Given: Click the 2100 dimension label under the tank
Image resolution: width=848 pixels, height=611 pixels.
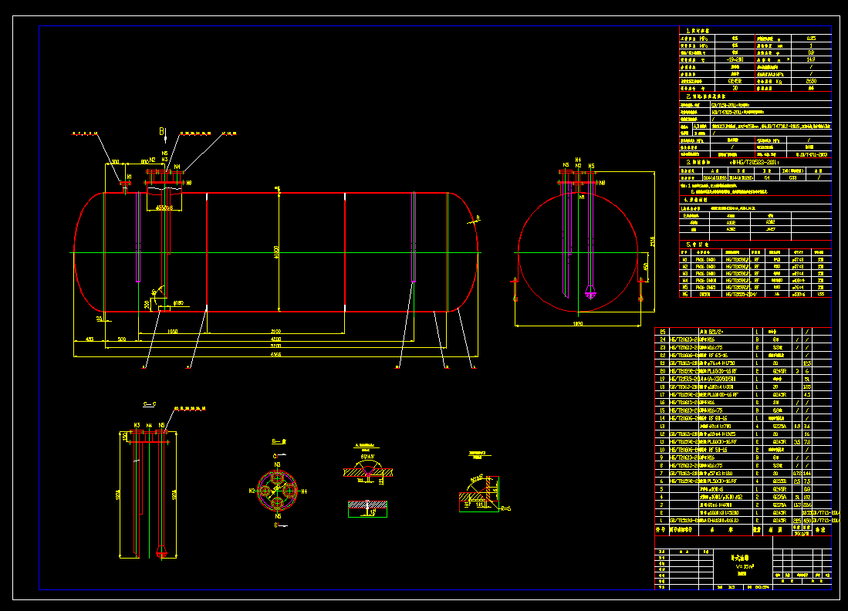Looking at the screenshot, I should point(275,331).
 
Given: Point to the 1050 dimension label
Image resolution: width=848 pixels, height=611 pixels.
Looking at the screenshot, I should point(171,331).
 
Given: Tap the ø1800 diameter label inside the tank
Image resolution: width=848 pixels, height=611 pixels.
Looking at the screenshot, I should point(276,252).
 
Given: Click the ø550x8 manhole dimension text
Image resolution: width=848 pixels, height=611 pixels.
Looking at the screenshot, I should point(164,208).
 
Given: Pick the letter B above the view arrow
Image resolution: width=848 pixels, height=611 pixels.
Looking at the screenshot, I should point(161,132).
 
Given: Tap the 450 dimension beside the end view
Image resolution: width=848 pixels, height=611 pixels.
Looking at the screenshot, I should point(646,267).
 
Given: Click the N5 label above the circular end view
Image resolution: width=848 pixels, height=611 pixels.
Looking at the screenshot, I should point(591,166).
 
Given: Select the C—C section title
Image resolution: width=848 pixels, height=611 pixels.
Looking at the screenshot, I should point(149,403).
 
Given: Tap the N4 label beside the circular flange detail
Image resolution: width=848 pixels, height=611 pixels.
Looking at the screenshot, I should point(304,491).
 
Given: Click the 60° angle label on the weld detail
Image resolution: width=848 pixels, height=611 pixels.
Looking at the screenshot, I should point(363,457).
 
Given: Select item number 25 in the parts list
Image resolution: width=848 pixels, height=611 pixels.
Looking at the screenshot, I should point(661,331).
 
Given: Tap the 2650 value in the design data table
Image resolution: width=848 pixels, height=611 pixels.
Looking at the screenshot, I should point(810,80).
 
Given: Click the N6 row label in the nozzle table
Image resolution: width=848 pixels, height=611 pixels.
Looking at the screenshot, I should point(684,293).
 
